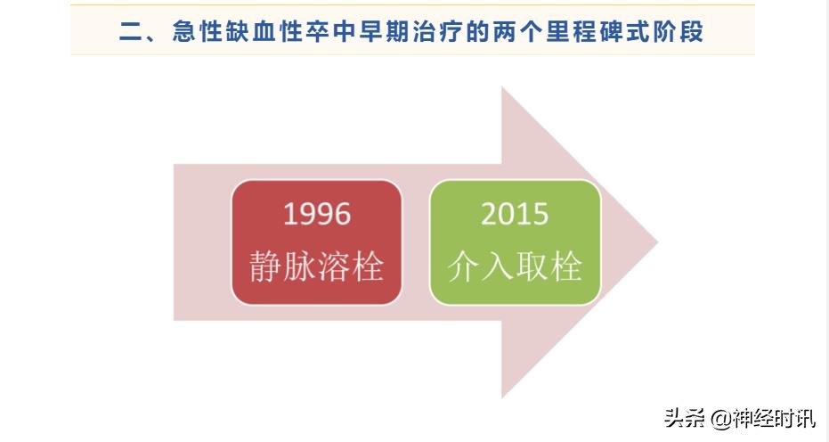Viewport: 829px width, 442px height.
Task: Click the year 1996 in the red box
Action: pyautogui.click(x=316, y=214)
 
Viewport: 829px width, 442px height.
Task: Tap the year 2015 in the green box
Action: pyautogui.click(x=515, y=214)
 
